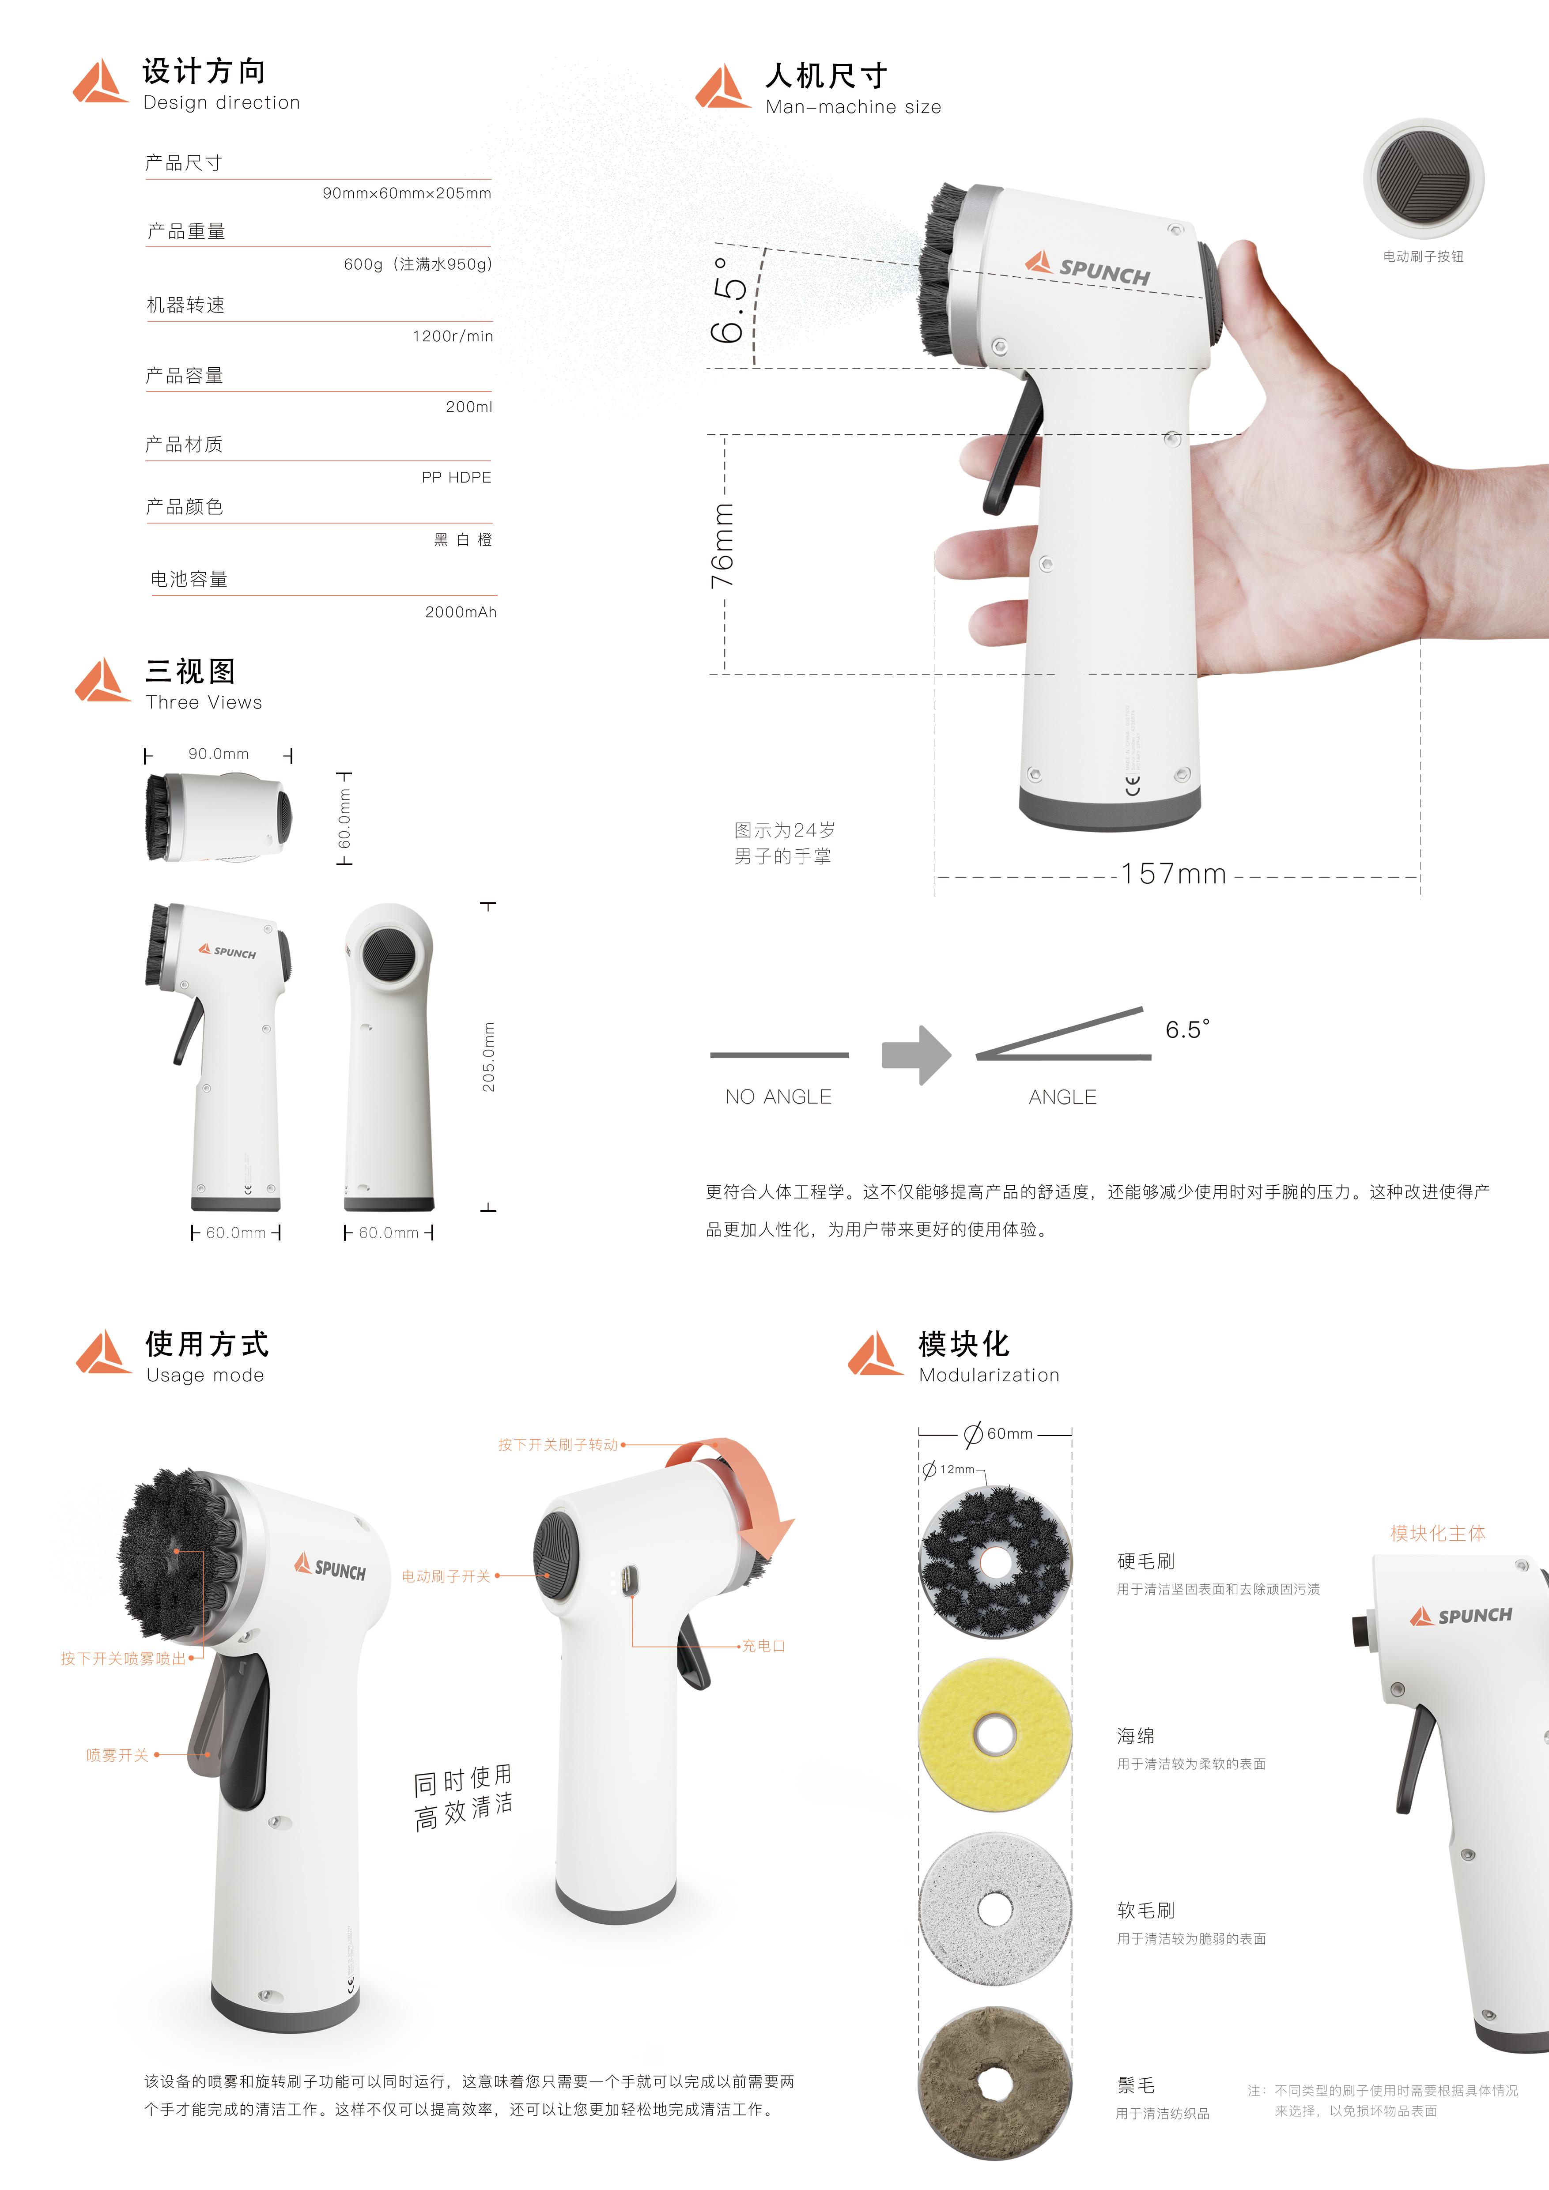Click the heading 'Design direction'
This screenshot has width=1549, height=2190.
point(221,103)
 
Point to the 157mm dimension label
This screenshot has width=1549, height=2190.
point(1173,874)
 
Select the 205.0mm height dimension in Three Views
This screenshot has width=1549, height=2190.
point(488,1057)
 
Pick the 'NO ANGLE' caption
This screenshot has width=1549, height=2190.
point(778,1097)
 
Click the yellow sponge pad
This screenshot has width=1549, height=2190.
point(995,1735)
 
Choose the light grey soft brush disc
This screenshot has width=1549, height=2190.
point(995,1909)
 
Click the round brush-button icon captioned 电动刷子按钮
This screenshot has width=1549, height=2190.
point(1423,178)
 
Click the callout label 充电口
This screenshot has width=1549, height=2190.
point(763,1646)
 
